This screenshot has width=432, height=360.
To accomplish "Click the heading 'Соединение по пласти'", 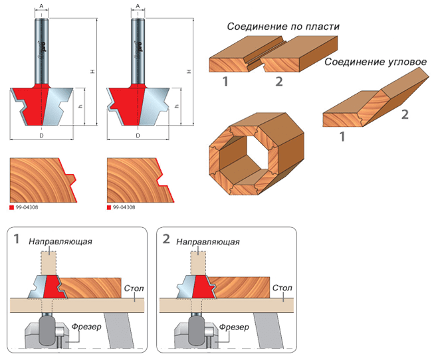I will pos(282,27).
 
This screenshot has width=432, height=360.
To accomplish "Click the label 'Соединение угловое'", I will pos(375,62).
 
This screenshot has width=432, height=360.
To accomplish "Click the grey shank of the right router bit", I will pos(138,46).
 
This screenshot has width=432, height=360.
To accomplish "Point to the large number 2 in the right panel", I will pos(167,239).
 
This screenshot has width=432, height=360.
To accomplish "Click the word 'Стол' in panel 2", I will pos(281,288).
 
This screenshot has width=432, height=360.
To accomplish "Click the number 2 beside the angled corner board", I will pos(404,114).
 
